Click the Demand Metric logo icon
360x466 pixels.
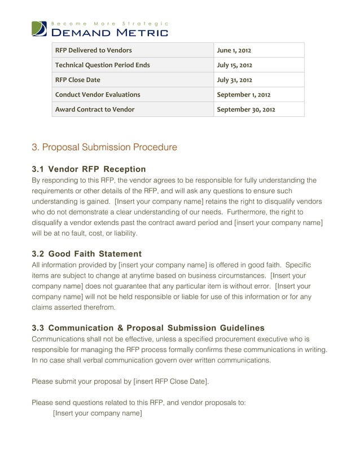pos(39,29)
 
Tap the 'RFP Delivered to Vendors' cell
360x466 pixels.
pos(93,51)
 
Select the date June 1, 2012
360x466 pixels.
pos(235,51)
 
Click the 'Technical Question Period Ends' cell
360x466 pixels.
pos(102,65)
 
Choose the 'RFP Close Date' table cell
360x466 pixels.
pos(77,80)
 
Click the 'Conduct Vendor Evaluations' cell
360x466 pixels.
pos(98,95)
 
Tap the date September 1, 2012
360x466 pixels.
pos(245,95)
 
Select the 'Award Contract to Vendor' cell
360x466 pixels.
pos(94,109)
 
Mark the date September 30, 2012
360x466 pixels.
pos(247,109)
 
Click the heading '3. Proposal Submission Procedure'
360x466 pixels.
pos(104,148)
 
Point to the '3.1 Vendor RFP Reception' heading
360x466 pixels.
pos(89,169)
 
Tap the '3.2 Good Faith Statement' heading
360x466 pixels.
pos(86,254)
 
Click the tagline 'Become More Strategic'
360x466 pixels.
pos(109,23)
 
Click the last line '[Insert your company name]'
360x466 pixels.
pos(97,414)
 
